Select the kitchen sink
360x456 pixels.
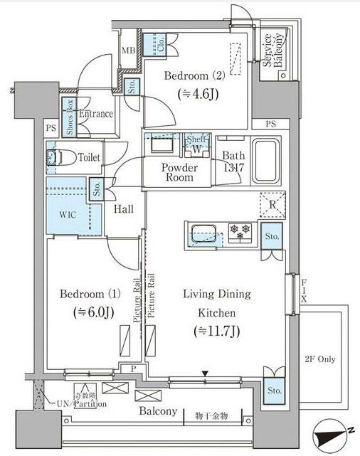click(x=203, y=232)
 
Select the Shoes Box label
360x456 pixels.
click(x=70, y=117)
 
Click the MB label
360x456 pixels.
click(x=128, y=51)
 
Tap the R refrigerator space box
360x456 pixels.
click(x=273, y=206)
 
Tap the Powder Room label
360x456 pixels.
click(x=180, y=172)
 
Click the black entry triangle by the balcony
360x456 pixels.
click(x=206, y=373)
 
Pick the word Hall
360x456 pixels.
click(x=125, y=210)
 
